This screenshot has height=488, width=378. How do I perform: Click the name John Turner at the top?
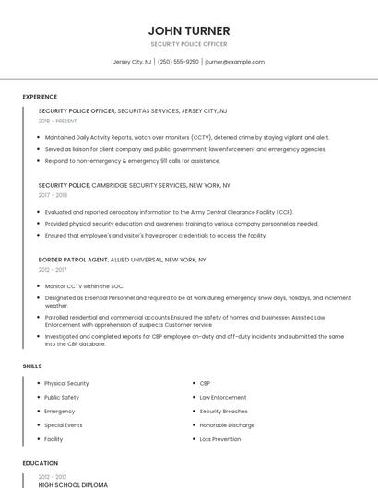tap(189, 30)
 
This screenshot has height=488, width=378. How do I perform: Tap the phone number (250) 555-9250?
tap(178, 62)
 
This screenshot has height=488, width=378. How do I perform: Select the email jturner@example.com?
tap(234, 62)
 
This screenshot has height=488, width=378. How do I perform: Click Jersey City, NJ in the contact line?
tap(132, 62)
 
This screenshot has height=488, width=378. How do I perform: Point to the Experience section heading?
tap(40, 97)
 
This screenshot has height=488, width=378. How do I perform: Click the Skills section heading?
tap(32, 366)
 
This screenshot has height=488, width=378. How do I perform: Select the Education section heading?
tap(41, 463)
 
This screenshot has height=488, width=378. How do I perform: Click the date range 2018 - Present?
tap(59, 122)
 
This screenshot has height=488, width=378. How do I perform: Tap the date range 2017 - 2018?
tap(53, 195)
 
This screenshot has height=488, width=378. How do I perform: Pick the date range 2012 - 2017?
tap(53, 270)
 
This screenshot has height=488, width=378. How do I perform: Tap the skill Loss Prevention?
tap(220, 439)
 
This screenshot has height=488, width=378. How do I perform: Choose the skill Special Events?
tap(64, 425)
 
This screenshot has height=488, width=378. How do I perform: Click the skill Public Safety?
tap(62, 397)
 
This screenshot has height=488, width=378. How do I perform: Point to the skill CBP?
tap(206, 383)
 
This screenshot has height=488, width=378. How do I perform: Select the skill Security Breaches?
tap(224, 412)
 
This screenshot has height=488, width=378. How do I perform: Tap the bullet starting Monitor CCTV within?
tap(84, 286)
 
